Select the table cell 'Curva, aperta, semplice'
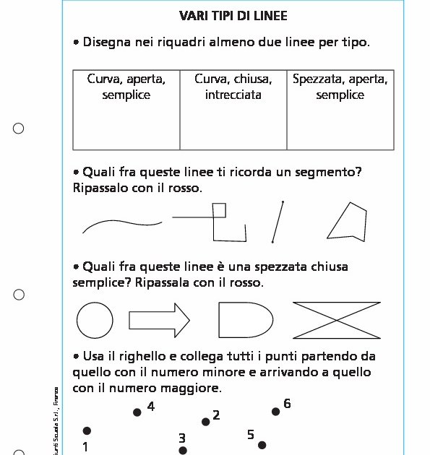pyautogui.click(x=126, y=109)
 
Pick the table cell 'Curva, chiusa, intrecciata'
pyautogui.click(x=233, y=109)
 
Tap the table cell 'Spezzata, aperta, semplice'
pyautogui.click(x=340, y=109)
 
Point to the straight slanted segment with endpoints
pyautogui.click(x=278, y=222)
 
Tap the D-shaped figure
pyautogui.click(x=244, y=319)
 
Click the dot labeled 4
pyautogui.click(x=137, y=412)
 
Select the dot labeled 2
pyautogui.click(x=205, y=422)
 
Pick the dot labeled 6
pyautogui.click(x=275, y=412)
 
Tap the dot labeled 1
pyautogui.click(x=87, y=431)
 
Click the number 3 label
pyautogui.click(x=182, y=438)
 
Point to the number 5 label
pyautogui.click(x=251, y=435)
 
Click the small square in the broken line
pyautogui.click(x=219, y=210)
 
